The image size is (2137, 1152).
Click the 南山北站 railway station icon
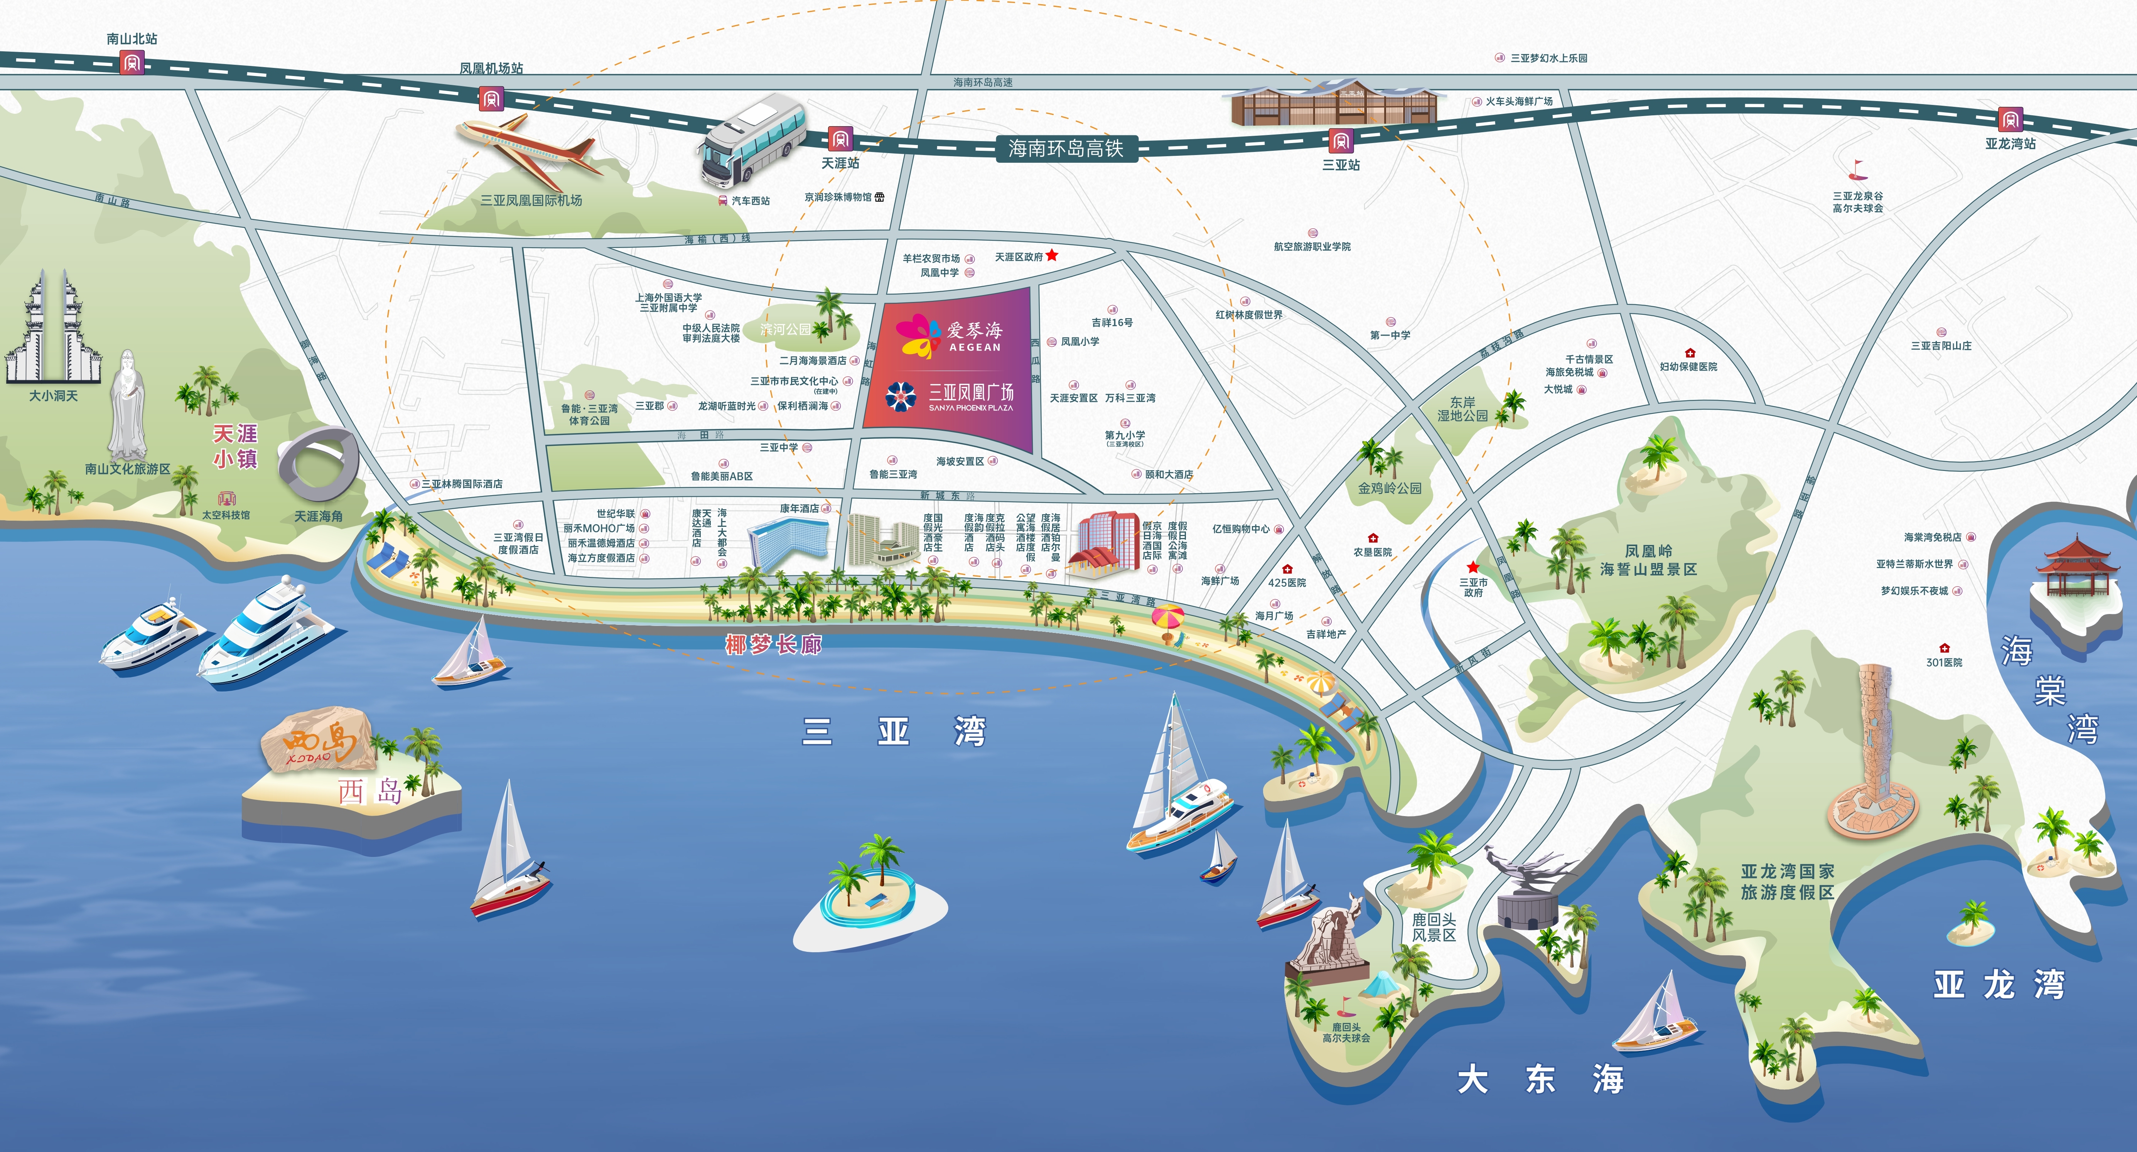(x=132, y=62)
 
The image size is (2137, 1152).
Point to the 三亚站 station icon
(x=1341, y=140)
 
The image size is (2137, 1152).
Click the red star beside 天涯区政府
(x=1052, y=255)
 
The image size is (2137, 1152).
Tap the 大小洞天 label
(x=53, y=396)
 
